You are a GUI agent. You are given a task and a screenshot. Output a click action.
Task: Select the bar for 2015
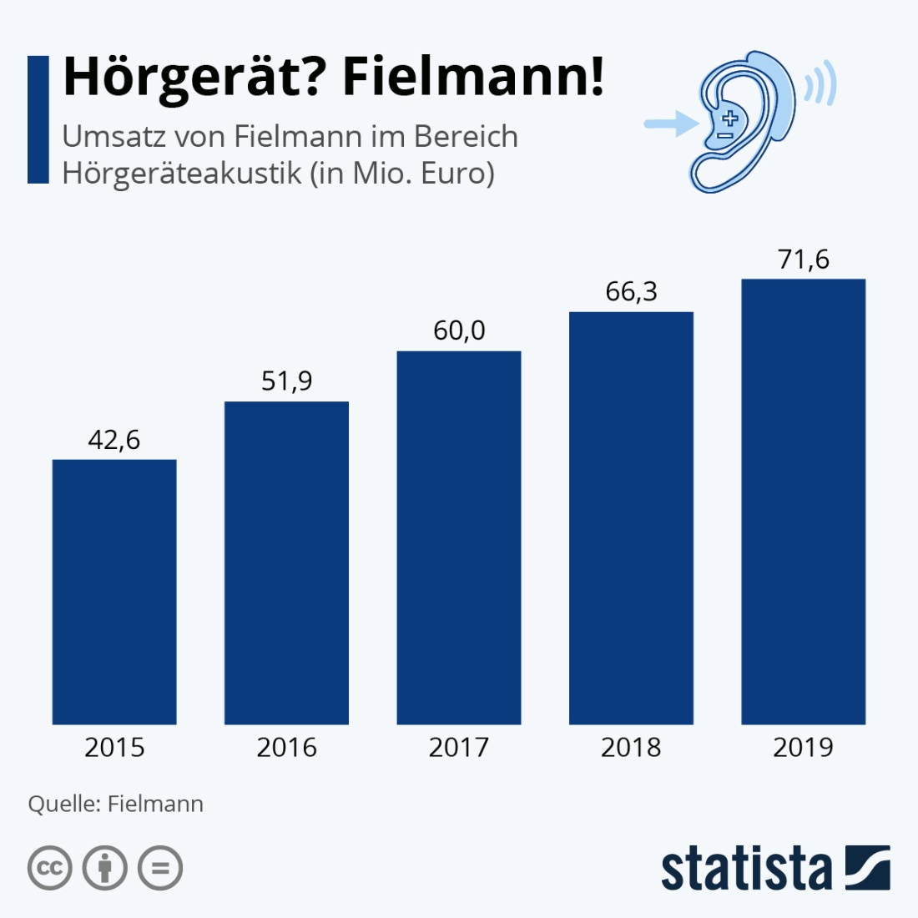coord(114,592)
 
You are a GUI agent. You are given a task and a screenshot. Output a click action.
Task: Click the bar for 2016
coord(286,563)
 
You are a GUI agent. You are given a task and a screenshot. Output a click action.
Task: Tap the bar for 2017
coord(459,537)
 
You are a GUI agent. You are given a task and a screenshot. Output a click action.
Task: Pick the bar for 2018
coord(631,518)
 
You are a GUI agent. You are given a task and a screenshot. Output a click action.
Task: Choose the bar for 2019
coord(803,502)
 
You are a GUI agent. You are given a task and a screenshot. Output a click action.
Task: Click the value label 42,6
coord(114,440)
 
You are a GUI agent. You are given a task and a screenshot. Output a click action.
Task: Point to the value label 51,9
coord(286,381)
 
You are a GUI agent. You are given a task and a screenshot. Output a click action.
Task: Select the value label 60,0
coord(459,330)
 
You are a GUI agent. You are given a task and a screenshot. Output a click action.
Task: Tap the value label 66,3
coord(631,292)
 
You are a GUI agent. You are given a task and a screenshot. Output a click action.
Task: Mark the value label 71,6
coord(803,260)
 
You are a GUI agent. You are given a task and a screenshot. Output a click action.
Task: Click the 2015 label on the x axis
coord(114,747)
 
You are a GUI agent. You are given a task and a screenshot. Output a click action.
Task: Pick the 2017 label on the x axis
coord(459,747)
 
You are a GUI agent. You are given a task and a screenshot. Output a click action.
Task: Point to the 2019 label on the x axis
coord(803,747)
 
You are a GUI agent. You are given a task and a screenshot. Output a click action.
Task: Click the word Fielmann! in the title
coord(473,78)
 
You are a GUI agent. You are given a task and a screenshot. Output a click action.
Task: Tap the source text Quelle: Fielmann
coord(116,804)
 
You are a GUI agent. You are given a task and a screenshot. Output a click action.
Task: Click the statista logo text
coord(747,870)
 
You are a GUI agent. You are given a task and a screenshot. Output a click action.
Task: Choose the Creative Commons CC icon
coord(50,869)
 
